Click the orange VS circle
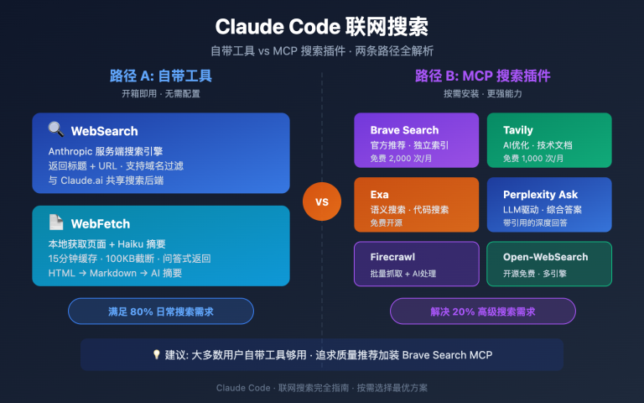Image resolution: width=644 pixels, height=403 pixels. coord(322,201)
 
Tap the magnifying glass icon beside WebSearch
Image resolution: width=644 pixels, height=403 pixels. coord(56,130)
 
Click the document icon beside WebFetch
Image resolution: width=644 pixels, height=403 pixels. coord(56,222)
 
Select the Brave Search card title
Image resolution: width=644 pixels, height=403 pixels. coord(404,130)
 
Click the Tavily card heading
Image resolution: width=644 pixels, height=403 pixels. coord(518,130)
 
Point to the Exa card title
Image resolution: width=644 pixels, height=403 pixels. coord(379,195)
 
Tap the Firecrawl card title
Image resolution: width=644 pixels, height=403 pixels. coord(392,257)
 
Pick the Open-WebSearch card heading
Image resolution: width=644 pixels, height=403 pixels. coord(545,257)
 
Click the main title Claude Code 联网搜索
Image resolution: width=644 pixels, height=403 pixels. coord(322,26)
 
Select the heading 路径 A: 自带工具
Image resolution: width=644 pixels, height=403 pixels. coord(161,76)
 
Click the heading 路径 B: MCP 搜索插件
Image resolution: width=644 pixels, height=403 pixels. coord(482,76)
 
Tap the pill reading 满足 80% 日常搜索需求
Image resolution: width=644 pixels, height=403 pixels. coord(161,311)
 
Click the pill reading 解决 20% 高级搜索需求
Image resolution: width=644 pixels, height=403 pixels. coord(482,311)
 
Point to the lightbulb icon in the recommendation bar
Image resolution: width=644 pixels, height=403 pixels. coord(156,354)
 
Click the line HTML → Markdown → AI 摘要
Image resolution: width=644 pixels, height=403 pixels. coord(115,273)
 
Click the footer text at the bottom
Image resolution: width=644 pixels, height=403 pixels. coord(322,388)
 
